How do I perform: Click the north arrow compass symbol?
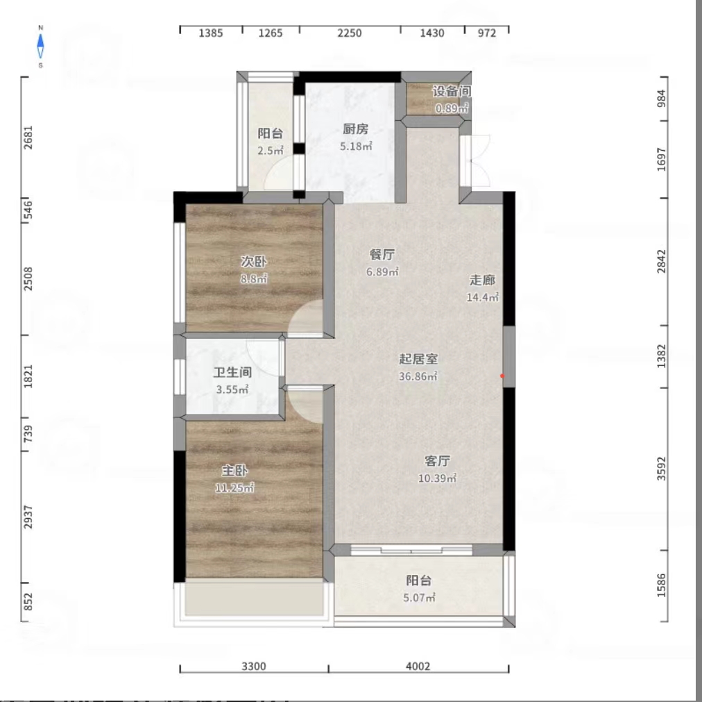(x=41, y=47)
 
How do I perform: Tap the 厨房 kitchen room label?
(x=354, y=128)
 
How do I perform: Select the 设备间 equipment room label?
(x=452, y=91)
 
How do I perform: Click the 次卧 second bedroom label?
(x=253, y=261)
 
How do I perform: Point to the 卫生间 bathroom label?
(x=232, y=372)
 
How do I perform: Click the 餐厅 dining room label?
(x=382, y=254)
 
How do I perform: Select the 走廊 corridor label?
(x=483, y=280)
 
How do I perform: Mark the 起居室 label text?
(x=418, y=359)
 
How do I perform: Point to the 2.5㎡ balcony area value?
(x=271, y=151)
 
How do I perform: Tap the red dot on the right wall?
(x=503, y=376)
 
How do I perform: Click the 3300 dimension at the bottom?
(x=254, y=667)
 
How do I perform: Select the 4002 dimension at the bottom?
(x=418, y=667)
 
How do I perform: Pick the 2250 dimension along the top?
(x=350, y=33)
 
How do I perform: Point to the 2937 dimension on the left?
(x=28, y=517)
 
